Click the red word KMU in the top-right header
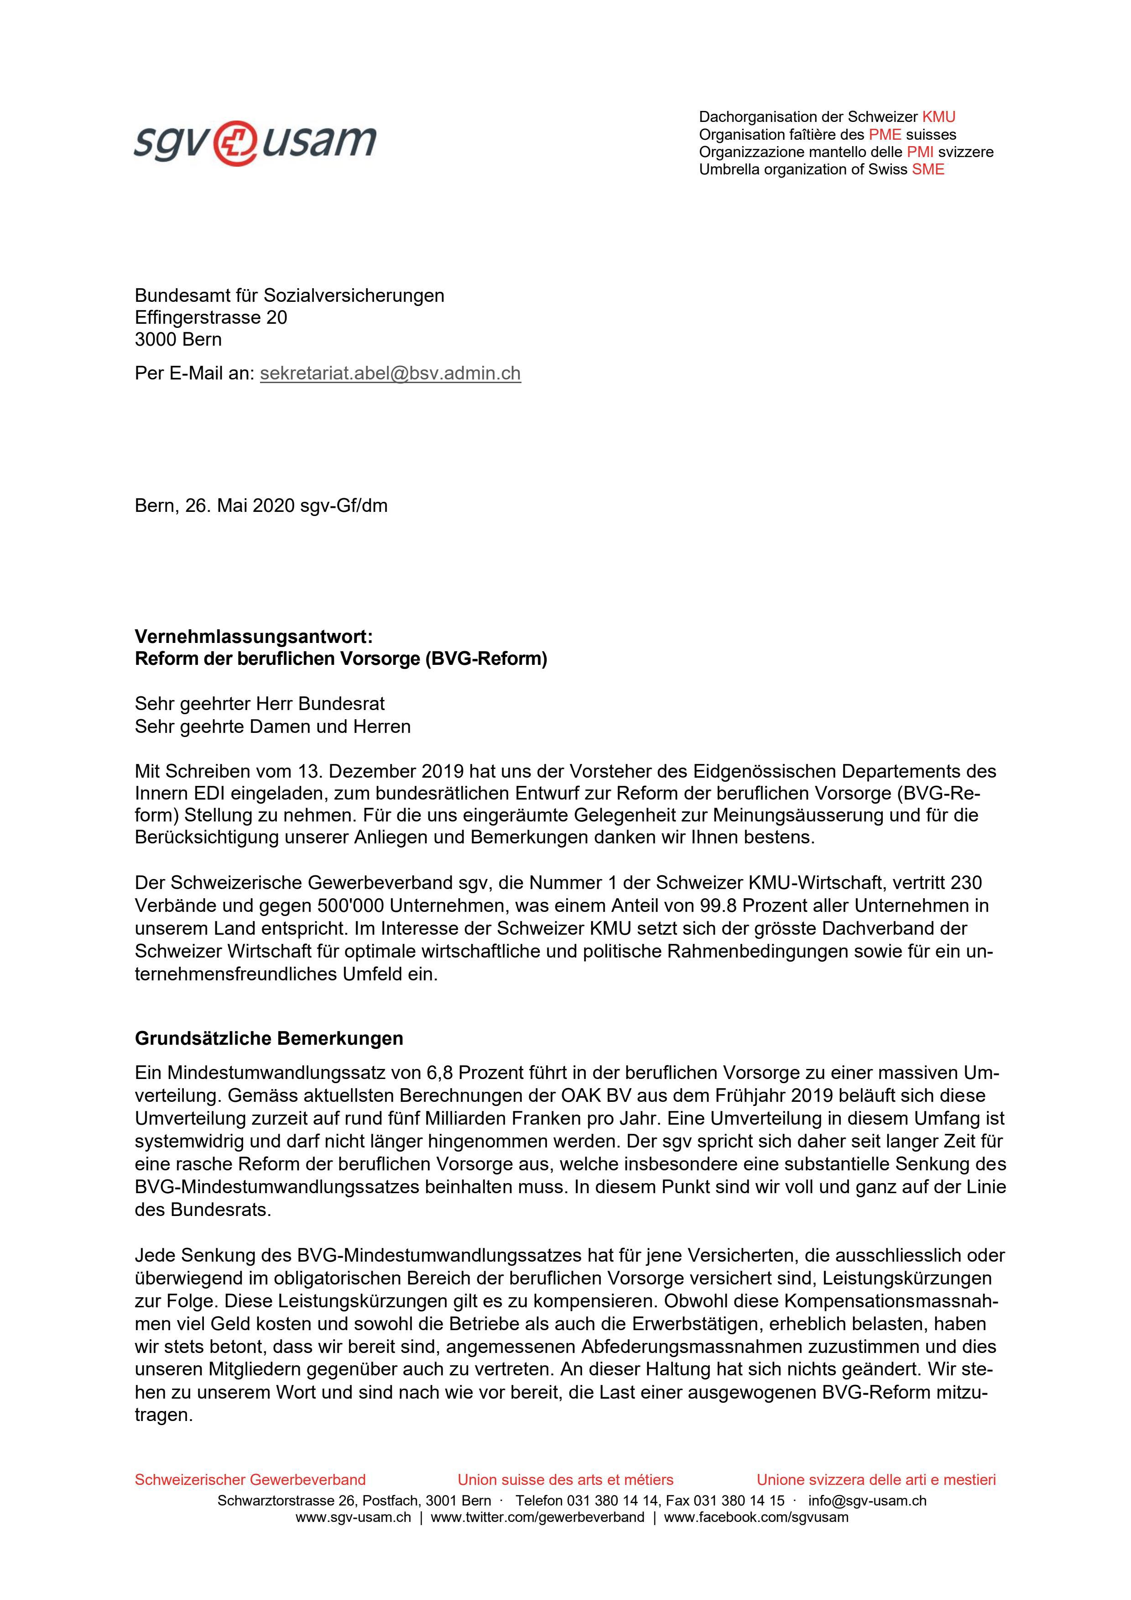click(939, 117)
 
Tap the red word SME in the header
click(928, 169)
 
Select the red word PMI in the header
click(920, 152)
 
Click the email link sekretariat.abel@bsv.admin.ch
click(390, 374)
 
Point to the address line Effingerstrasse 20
click(211, 318)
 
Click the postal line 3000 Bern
click(178, 340)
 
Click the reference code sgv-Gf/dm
click(344, 506)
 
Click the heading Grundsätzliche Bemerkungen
click(269, 1038)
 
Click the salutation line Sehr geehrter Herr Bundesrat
click(260, 704)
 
